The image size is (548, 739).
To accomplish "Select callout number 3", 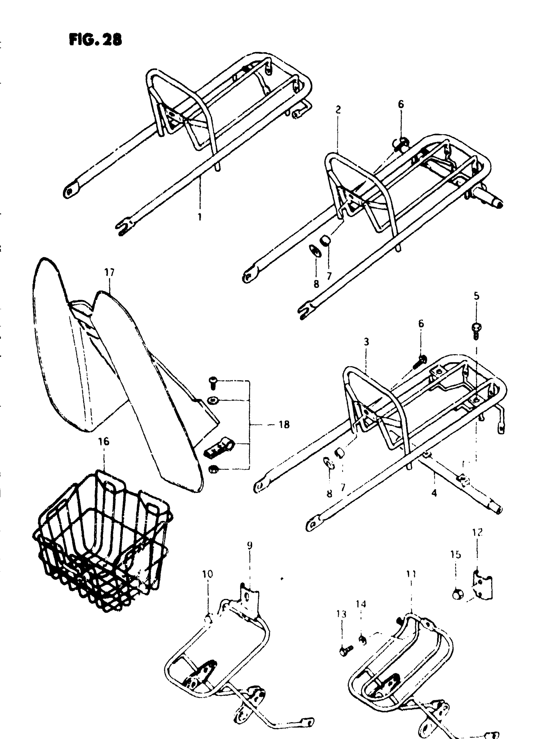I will tap(366, 342).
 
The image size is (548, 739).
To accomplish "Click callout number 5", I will tap(476, 296).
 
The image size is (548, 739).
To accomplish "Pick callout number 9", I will tap(250, 545).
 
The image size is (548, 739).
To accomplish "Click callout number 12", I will tap(477, 533).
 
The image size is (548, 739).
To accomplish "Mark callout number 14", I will tap(361, 604).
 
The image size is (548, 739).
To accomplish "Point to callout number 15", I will tap(456, 554).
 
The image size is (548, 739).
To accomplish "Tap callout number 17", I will tap(109, 272).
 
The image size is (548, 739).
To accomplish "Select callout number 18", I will tap(284, 424).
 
